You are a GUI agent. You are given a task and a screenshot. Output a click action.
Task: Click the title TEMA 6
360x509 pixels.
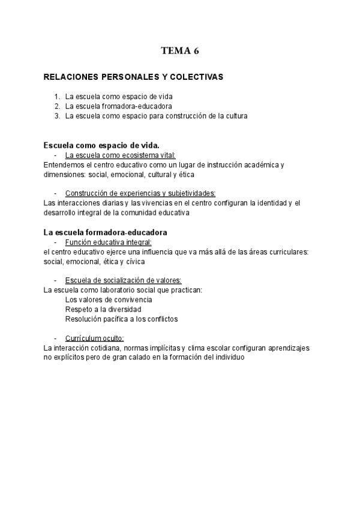click(x=179, y=51)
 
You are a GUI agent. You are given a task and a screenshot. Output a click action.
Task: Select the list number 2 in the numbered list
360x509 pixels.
click(x=57, y=106)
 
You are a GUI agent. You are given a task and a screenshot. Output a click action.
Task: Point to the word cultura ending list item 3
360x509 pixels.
click(x=235, y=116)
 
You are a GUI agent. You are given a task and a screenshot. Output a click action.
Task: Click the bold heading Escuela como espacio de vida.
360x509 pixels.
click(x=101, y=145)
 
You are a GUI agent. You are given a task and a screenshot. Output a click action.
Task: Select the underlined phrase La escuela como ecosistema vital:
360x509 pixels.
click(x=120, y=155)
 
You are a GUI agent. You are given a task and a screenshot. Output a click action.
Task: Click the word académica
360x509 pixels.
click(x=259, y=164)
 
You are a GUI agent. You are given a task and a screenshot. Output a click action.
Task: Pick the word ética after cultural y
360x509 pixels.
click(x=187, y=174)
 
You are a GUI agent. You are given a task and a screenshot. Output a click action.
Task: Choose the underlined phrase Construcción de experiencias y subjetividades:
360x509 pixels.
click(x=140, y=193)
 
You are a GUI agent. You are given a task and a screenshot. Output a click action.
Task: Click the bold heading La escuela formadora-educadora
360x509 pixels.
click(x=106, y=232)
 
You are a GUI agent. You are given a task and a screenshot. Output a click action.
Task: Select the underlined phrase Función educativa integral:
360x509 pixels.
click(x=108, y=242)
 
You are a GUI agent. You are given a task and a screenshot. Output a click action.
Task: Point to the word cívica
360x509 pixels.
click(x=134, y=261)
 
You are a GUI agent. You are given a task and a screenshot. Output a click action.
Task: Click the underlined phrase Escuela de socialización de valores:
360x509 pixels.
click(x=123, y=280)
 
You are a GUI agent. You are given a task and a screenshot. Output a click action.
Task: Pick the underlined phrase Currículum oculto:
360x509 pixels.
click(x=94, y=339)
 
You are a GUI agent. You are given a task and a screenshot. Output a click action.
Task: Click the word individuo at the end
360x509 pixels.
click(x=229, y=358)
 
